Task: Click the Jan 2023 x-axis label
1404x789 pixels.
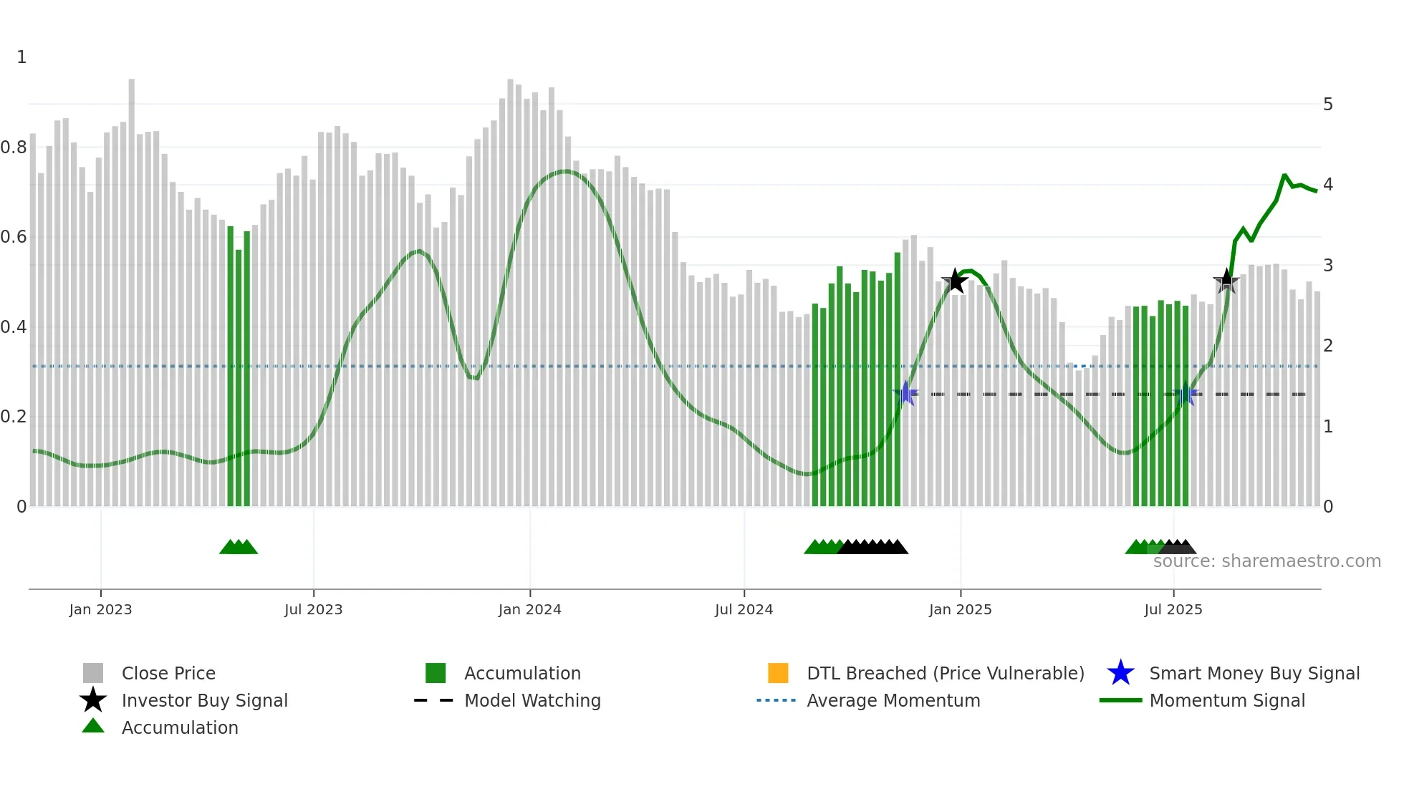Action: (x=100, y=609)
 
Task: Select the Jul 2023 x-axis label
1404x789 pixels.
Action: (x=313, y=609)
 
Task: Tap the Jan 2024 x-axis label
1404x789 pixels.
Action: (x=529, y=609)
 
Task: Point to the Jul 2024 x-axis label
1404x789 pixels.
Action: (x=744, y=609)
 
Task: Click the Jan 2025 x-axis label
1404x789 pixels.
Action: (x=960, y=609)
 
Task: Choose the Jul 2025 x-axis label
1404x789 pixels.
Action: (x=1173, y=609)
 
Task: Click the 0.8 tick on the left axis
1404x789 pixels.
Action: (x=14, y=147)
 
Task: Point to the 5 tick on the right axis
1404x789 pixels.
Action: (x=1327, y=105)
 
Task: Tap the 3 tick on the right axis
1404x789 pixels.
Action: (x=1327, y=266)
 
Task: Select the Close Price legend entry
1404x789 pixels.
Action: (x=168, y=673)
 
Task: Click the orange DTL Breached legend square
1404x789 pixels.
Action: (x=778, y=673)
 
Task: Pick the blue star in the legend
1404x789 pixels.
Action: (x=1120, y=673)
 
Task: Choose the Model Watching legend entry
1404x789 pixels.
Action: (x=532, y=700)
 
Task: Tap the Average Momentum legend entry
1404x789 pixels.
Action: (x=893, y=700)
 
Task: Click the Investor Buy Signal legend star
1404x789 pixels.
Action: (x=93, y=700)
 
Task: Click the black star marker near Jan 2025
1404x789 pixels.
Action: (x=955, y=281)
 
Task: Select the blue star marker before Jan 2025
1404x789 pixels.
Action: (x=906, y=393)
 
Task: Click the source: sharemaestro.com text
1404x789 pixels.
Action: (x=1266, y=561)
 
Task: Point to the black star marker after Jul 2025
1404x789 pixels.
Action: (x=1226, y=281)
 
